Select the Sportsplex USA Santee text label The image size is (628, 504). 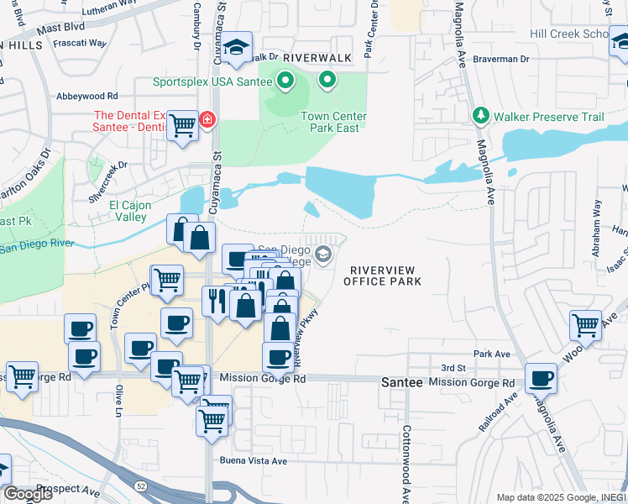tap(212, 81)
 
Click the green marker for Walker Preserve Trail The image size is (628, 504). tap(481, 116)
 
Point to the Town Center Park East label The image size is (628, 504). tap(330, 122)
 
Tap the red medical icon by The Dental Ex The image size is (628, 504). tap(205, 121)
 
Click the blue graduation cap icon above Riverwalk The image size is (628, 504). tap(238, 47)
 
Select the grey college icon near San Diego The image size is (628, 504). tap(323, 253)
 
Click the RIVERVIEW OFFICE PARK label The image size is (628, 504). tap(382, 275)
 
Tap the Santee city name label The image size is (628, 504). tap(398, 381)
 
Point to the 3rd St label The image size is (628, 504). tap(453, 369)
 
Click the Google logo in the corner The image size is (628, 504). tap(27, 494)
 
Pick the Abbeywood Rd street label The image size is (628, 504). tap(86, 97)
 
